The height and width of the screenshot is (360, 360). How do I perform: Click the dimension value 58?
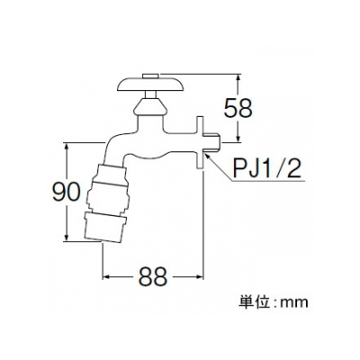[x=238, y=108]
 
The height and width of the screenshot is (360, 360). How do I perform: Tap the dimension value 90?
[x=67, y=193]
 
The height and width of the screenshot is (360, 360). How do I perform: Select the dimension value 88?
[x=153, y=276]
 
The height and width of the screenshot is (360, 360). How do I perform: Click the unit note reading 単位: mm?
[x=274, y=302]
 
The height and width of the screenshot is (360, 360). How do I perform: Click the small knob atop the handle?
[x=151, y=76]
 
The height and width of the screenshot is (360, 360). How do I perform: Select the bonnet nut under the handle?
[x=150, y=108]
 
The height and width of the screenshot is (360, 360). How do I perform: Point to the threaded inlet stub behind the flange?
[x=212, y=143]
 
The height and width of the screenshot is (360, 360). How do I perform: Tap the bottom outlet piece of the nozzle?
[x=105, y=227]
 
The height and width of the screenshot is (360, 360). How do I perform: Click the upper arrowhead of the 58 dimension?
[x=238, y=78]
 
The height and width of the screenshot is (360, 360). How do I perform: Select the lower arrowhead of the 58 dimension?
[x=238, y=137]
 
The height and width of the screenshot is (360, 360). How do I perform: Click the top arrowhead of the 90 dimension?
[x=67, y=148]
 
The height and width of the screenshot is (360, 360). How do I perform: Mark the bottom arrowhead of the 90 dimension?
[x=67, y=236]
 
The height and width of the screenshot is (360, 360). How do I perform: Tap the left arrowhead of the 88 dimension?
[x=107, y=277]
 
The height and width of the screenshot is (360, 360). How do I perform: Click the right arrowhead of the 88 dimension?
[x=199, y=277]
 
